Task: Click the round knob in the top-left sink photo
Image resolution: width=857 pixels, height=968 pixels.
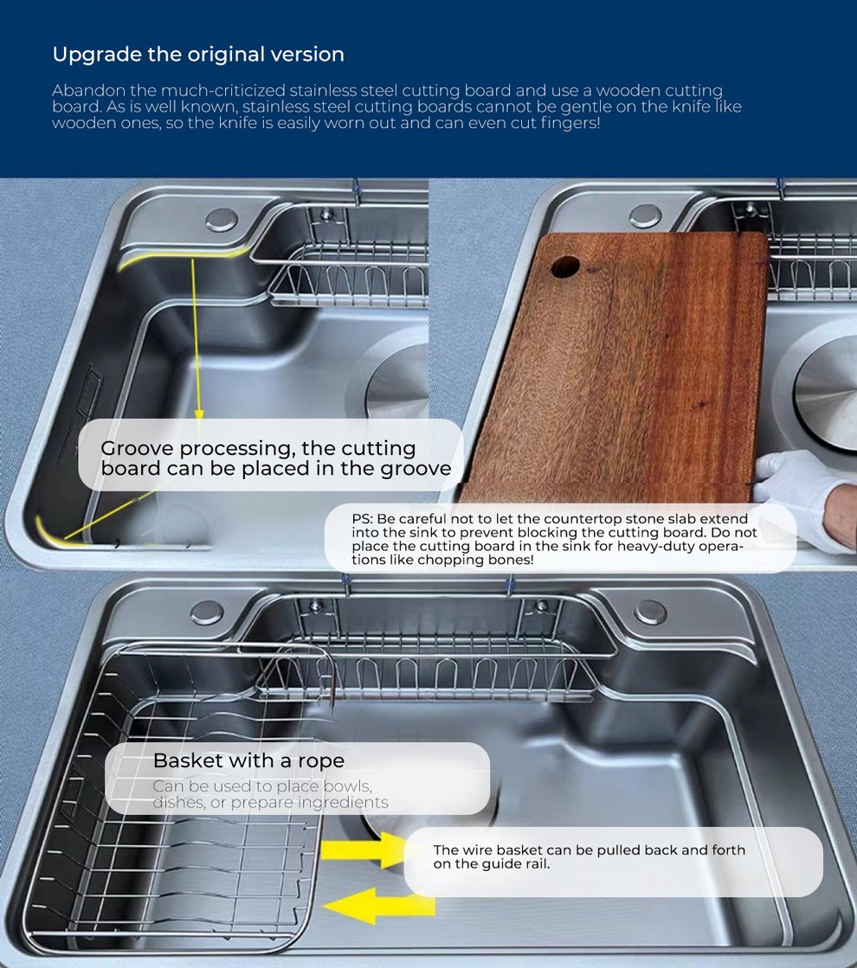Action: point(222,220)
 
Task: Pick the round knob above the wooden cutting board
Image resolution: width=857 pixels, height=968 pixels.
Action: point(645,215)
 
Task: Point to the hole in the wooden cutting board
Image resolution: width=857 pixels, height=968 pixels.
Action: point(564,266)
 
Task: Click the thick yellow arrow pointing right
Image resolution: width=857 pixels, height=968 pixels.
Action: point(363,849)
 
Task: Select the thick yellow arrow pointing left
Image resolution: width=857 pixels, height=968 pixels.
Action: point(379,906)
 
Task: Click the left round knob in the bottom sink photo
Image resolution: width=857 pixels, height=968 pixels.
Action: point(207,612)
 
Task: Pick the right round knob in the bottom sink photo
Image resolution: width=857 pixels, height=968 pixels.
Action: point(650,612)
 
